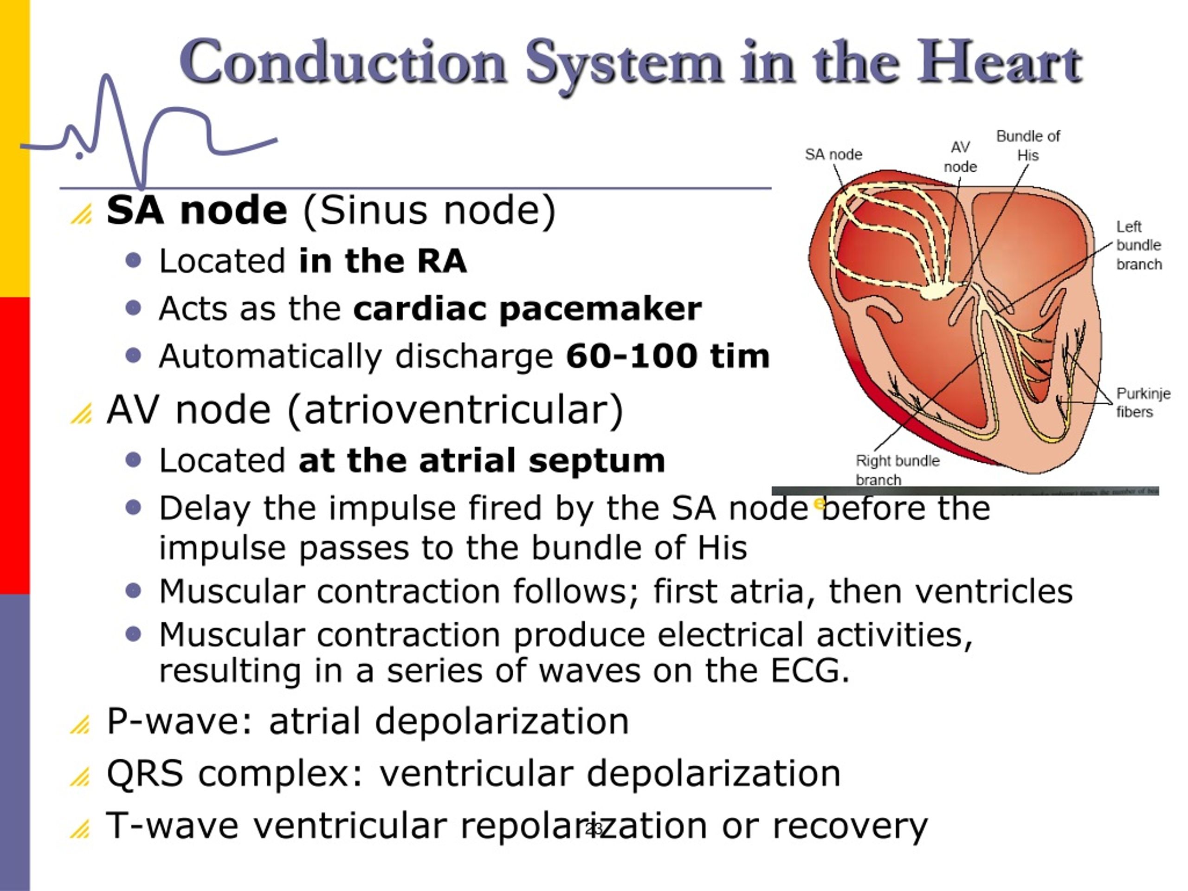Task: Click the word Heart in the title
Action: click(x=999, y=64)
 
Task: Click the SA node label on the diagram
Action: click(x=833, y=155)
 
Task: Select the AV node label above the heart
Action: click(x=960, y=157)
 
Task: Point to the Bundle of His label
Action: click(x=1028, y=146)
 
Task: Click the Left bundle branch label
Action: click(x=1139, y=245)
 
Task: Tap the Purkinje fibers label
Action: click(x=1143, y=402)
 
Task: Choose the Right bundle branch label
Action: click(x=897, y=470)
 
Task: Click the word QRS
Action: click(x=145, y=774)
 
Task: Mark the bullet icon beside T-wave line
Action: click(x=81, y=829)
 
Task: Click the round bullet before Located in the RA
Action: click(x=133, y=261)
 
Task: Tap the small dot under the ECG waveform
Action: click(x=79, y=156)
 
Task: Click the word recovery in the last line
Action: click(x=850, y=826)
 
